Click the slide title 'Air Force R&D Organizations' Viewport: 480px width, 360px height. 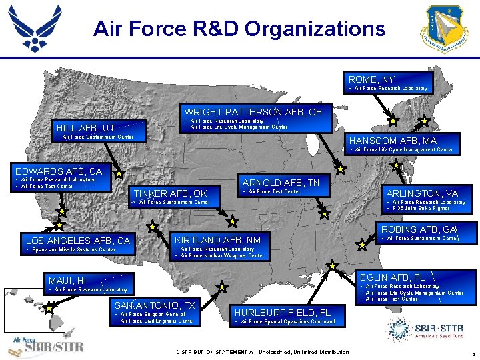pyautogui.click(x=239, y=29)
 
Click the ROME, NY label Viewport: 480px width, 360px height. pyautogui.click(x=371, y=79)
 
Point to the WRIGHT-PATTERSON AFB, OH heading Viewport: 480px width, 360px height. pyautogui.click(x=253, y=111)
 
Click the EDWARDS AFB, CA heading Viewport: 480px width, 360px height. pyautogui.click(x=59, y=171)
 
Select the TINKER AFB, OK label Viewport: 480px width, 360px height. pyautogui.click(x=171, y=193)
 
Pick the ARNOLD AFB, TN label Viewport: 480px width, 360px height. pyautogui.click(x=281, y=183)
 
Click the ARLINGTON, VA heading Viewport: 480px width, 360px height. pyautogui.click(x=423, y=193)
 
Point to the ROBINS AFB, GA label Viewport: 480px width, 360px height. pyautogui.click(x=417, y=229)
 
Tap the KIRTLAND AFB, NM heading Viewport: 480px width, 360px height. pyautogui.click(x=217, y=240)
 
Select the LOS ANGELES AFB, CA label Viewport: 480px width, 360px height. pyautogui.click(x=77, y=241)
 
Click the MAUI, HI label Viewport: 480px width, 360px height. pyautogui.click(x=67, y=281)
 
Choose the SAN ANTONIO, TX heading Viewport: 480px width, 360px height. pyautogui.click(x=155, y=305)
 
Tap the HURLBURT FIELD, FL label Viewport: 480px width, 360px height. pyautogui.click(x=282, y=313)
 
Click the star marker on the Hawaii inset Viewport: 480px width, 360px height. pyautogui.click(x=48, y=309)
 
